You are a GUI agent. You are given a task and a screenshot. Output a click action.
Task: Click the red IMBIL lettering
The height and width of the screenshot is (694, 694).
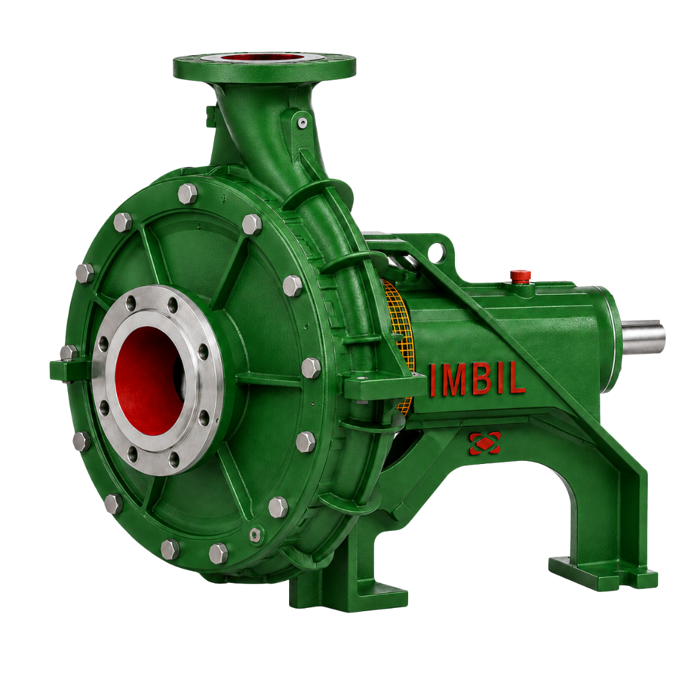point(477,380)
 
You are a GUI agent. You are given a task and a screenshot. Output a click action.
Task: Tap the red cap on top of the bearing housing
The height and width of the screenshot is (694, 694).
point(520,275)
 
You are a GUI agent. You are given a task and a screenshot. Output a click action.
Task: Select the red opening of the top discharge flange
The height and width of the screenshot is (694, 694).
point(264,57)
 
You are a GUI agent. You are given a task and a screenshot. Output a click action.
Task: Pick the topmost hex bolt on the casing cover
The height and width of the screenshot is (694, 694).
point(187,193)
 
